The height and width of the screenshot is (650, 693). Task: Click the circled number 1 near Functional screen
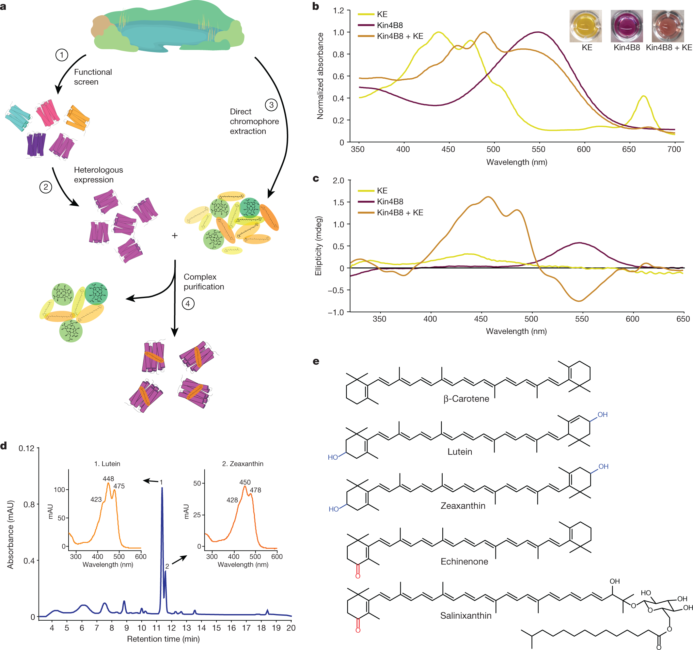tap(62, 55)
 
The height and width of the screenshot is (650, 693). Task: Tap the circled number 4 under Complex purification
tap(188, 303)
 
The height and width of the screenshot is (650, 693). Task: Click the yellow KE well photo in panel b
tap(585, 26)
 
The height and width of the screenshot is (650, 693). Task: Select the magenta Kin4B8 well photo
tap(626, 26)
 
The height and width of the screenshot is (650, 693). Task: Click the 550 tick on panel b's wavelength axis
tap(538, 149)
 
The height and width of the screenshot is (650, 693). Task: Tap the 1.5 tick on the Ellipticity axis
tap(338, 202)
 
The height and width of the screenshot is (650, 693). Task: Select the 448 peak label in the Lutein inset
tap(108, 479)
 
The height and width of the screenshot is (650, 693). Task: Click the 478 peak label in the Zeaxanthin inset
tap(255, 490)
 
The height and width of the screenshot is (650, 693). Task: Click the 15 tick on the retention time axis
tap(216, 628)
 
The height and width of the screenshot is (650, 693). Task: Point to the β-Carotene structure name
tap(466, 399)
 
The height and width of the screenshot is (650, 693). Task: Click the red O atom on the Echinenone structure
tap(358, 576)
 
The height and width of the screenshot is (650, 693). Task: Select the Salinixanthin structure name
tap(466, 615)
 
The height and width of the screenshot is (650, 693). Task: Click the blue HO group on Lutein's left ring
tap(333, 457)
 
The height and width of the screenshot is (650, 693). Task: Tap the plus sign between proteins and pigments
tap(175, 236)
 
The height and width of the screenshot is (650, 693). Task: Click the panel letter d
tap(4, 446)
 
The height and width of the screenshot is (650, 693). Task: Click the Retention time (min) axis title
tap(163, 639)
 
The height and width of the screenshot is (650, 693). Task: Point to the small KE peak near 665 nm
tap(643, 97)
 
